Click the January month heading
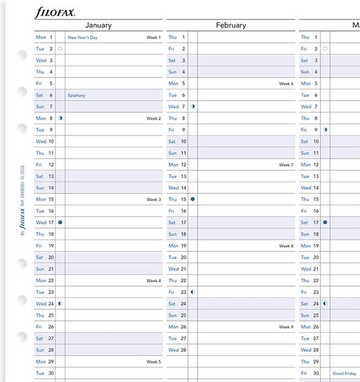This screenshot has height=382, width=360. click(x=98, y=26)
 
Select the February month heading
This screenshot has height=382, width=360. click(x=230, y=26)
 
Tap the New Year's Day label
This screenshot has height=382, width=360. click(x=82, y=37)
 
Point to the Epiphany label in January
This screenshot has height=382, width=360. click(x=77, y=95)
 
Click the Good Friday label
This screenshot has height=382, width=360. click(x=346, y=373)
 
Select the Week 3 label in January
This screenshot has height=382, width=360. click(x=154, y=199)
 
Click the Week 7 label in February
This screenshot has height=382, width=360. click(x=286, y=164)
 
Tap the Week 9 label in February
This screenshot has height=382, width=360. click(x=286, y=326)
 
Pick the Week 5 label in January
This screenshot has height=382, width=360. click(x=154, y=361)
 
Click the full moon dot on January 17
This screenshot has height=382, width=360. click(x=60, y=222)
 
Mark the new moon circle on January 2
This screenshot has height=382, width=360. click(x=60, y=48)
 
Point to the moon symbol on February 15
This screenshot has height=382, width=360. click(x=192, y=199)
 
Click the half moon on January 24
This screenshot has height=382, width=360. click(x=60, y=303)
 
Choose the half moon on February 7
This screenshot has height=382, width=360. click(x=192, y=106)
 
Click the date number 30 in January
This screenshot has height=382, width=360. click(x=50, y=373)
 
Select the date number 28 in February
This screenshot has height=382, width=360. click(x=183, y=350)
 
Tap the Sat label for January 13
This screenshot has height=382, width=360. click(x=39, y=176)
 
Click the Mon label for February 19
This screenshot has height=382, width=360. click(x=173, y=246)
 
